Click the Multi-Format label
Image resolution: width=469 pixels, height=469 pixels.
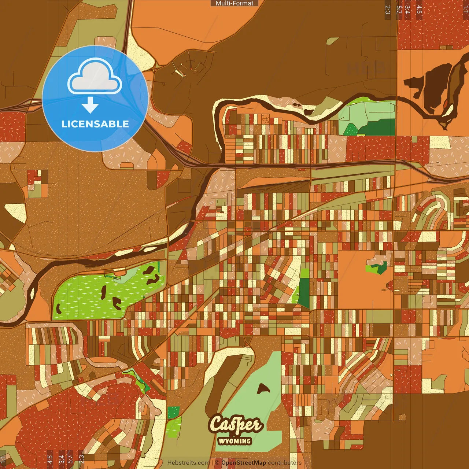pyautogui.click(x=234, y=3)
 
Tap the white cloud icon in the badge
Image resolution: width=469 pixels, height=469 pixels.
pyautogui.click(x=95, y=77)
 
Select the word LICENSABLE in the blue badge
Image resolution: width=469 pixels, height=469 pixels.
pyautogui.click(x=95, y=124)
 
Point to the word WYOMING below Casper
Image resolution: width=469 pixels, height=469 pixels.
pyautogui.click(x=235, y=441)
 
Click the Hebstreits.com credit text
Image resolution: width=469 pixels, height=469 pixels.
pyautogui.click(x=188, y=463)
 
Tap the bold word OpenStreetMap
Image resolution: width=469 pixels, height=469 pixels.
pyautogui.click(x=244, y=463)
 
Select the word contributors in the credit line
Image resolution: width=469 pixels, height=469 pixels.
pyautogui.click(x=285, y=463)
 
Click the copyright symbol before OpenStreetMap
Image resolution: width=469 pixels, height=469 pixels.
pyautogui.click(x=217, y=463)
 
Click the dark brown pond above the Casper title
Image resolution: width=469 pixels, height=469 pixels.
pyautogui.click(x=263, y=388)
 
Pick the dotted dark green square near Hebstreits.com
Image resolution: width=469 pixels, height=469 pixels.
pyautogui.click(x=174, y=412)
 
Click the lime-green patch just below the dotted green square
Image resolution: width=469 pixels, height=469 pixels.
pyautogui.click(x=173, y=427)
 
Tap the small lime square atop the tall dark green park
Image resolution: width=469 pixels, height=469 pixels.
pyautogui.click(x=305, y=273)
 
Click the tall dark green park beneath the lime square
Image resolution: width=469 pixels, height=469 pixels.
pyautogui.click(x=304, y=293)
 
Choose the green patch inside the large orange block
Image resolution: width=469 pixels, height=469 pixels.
pyautogui.click(x=377, y=268)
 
